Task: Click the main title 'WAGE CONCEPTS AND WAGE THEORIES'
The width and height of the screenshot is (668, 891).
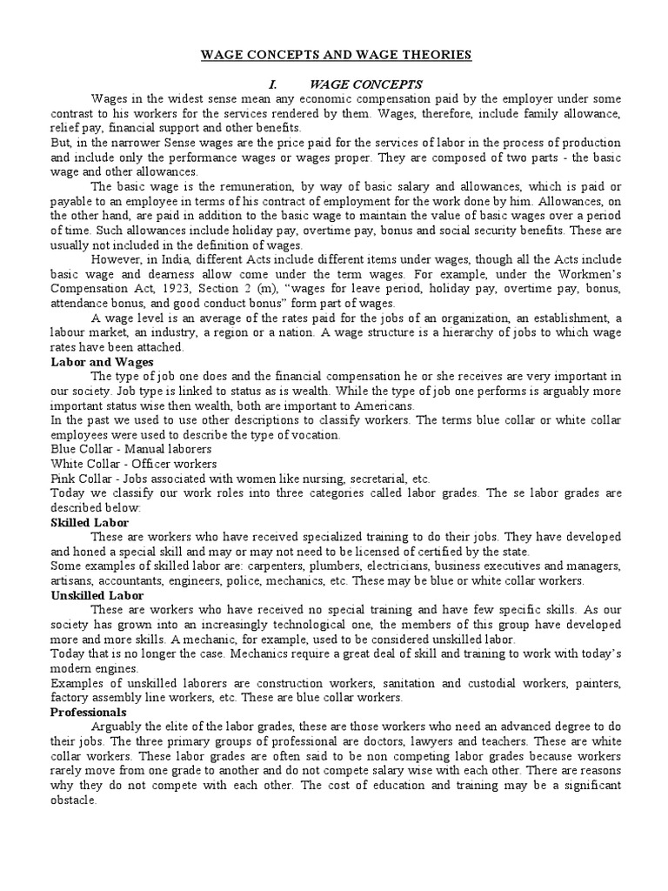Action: pos(335,55)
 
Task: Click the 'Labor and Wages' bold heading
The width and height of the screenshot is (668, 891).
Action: pos(103,361)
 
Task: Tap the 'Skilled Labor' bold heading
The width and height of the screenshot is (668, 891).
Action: pos(90,523)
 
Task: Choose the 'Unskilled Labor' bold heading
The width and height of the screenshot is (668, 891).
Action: pos(97,595)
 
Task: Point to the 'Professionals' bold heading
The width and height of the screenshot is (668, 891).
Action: pos(90,712)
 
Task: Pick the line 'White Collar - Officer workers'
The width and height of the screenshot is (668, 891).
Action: pos(134,464)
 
